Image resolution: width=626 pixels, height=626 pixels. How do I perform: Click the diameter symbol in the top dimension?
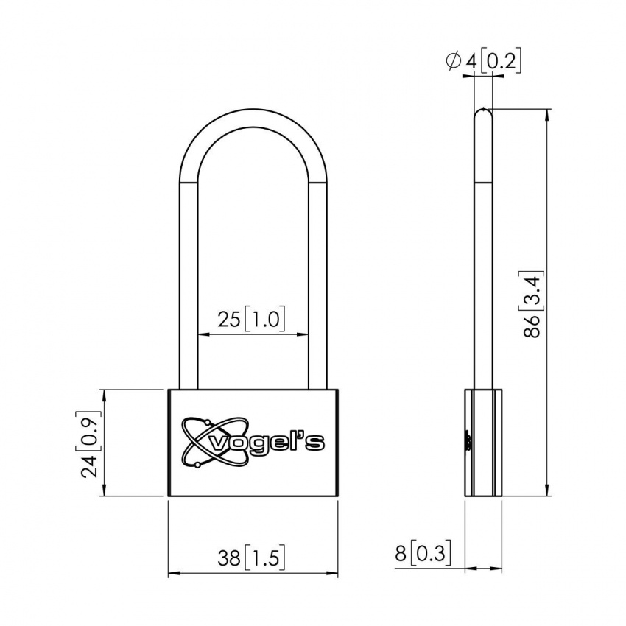point(453,61)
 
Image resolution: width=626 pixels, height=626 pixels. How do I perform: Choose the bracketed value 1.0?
point(264,319)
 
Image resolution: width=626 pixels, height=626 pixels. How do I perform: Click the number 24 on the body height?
point(90,465)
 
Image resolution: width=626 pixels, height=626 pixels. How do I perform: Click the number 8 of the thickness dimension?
point(400,553)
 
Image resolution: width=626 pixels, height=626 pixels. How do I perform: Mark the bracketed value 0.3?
point(430,553)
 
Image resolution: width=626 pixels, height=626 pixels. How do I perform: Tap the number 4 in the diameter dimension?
point(471,61)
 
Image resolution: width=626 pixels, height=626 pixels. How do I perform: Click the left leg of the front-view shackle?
point(188,295)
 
